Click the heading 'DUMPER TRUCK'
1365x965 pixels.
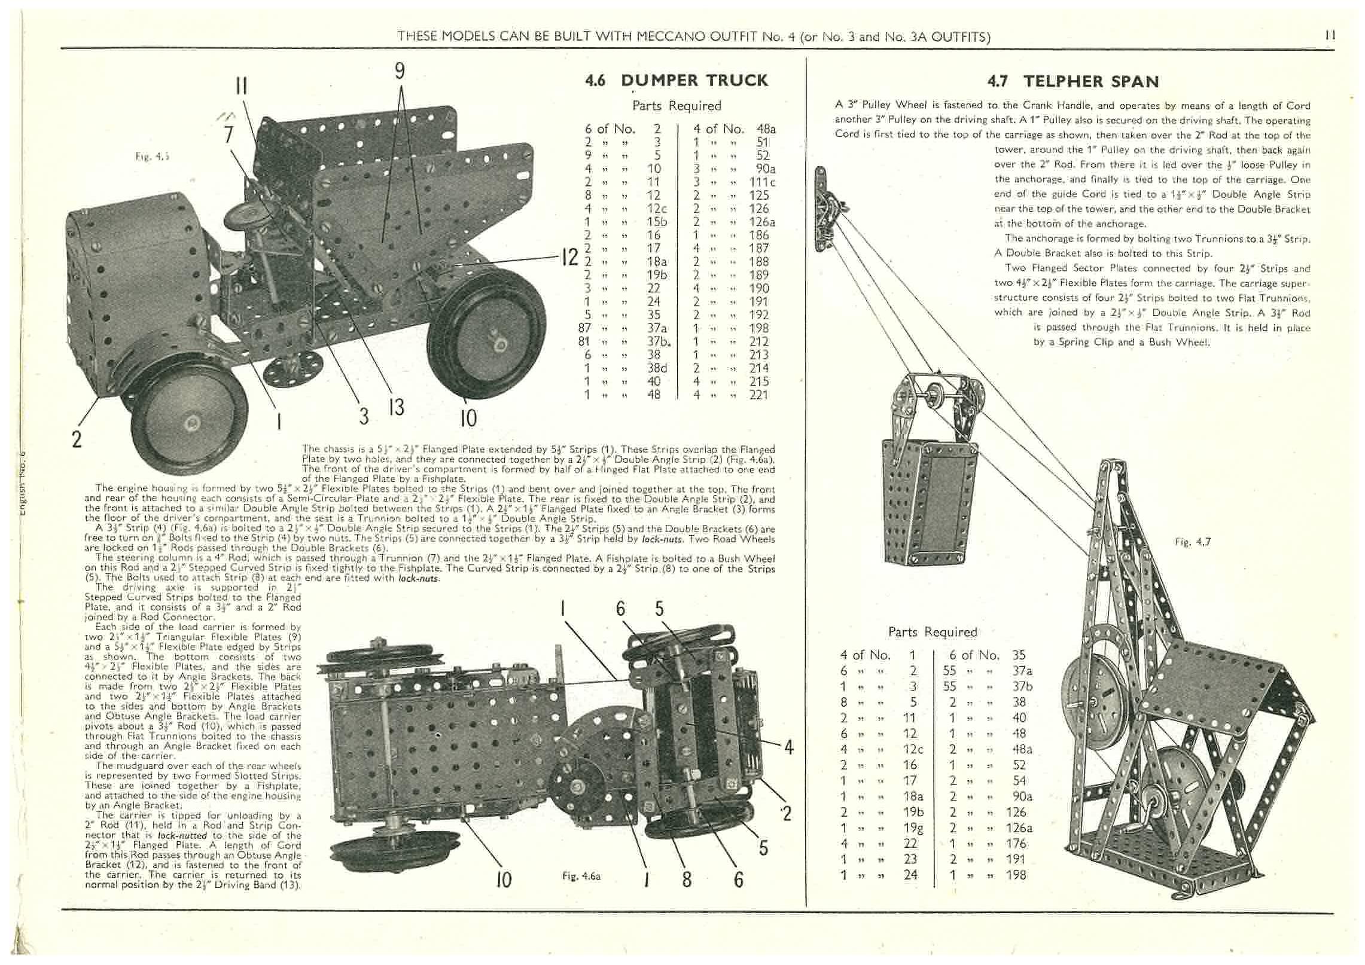click(694, 80)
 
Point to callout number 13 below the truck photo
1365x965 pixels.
click(396, 407)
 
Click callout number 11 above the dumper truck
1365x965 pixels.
click(241, 87)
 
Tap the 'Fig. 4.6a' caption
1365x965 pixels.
click(581, 876)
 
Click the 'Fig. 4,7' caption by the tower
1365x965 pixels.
click(1193, 542)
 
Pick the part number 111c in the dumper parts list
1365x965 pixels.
click(763, 182)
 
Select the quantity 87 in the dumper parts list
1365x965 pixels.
click(584, 328)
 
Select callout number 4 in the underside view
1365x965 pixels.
click(788, 747)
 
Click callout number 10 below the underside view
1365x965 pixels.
click(504, 880)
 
